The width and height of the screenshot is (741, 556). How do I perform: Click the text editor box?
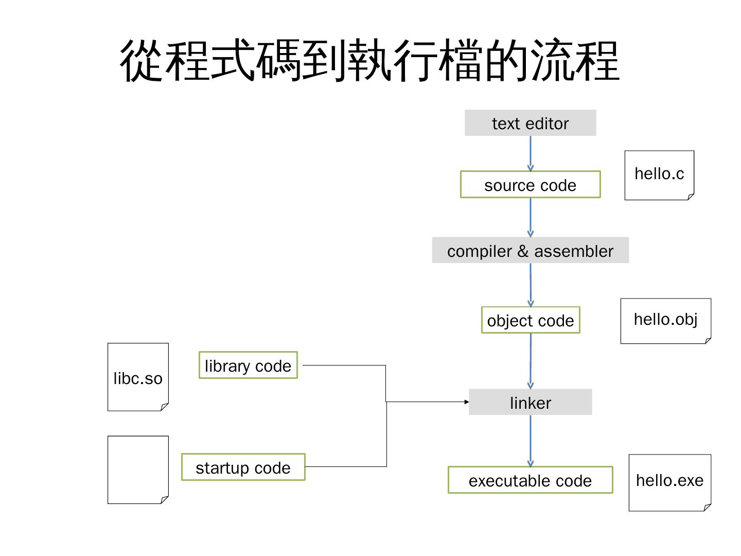point(530,123)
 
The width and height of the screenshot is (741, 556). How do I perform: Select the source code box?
point(530,185)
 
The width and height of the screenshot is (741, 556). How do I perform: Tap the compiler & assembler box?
point(530,251)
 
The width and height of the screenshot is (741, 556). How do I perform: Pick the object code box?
point(530,320)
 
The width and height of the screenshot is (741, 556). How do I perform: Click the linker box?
point(530,402)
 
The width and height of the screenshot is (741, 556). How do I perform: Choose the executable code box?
point(530,480)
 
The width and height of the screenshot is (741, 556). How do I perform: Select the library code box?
point(248,366)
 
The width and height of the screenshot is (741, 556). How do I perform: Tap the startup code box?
point(243,467)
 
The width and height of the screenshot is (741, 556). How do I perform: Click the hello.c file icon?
point(659,175)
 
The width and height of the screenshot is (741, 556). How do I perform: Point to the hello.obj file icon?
point(665,321)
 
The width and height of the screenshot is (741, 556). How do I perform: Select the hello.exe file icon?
point(669,482)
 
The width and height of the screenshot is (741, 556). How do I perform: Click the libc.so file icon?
point(138,377)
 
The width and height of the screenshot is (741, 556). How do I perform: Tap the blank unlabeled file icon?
point(138,470)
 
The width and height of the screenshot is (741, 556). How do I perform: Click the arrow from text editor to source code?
point(531,153)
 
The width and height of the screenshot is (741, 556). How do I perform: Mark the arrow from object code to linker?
point(531,360)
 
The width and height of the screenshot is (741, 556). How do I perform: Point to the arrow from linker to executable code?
point(531,441)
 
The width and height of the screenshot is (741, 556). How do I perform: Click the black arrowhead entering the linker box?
point(466,402)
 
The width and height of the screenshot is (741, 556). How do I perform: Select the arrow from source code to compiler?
point(531,217)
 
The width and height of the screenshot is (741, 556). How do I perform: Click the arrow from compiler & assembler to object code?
point(531,285)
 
